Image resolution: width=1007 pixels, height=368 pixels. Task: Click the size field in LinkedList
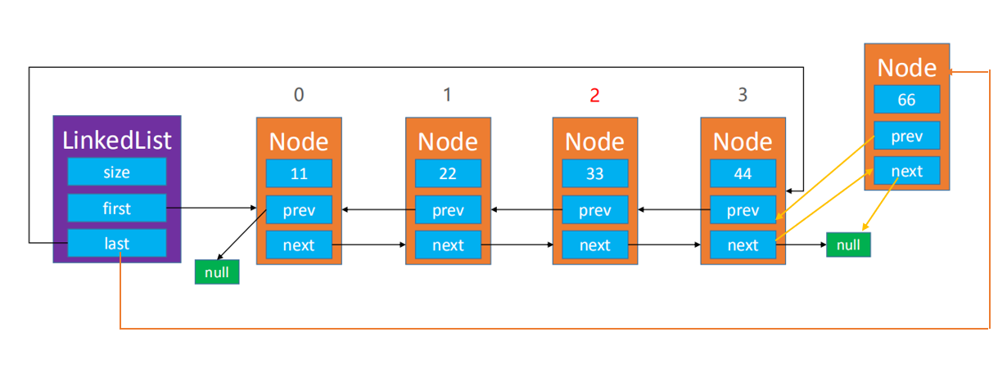pyautogui.click(x=117, y=172)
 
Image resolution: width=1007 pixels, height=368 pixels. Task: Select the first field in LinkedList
pyautogui.click(x=117, y=208)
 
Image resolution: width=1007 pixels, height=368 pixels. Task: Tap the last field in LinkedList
pyautogui.click(x=117, y=243)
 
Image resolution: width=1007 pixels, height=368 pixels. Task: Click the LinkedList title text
pyautogui.click(x=117, y=141)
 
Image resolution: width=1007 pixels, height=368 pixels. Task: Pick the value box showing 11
pyautogui.click(x=299, y=173)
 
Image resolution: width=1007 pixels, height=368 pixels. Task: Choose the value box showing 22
pyautogui.click(x=448, y=173)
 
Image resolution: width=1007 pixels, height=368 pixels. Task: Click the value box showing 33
pyautogui.click(x=594, y=173)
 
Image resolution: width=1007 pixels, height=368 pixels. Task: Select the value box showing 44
pyautogui.click(x=743, y=173)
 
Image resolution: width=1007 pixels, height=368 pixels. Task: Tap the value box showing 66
pyautogui.click(x=907, y=99)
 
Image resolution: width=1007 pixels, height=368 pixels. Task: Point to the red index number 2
pyautogui.click(x=594, y=95)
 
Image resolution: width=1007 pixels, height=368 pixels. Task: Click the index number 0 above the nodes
pyautogui.click(x=299, y=95)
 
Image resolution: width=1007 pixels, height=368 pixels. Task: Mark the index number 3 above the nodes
pyautogui.click(x=743, y=95)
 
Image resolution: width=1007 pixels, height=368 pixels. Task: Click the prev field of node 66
pyautogui.click(x=907, y=136)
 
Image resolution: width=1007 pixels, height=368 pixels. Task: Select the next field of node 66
pyautogui.click(x=907, y=171)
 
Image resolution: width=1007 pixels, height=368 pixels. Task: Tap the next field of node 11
pyautogui.click(x=299, y=245)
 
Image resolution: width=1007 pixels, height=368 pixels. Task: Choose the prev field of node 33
pyautogui.click(x=594, y=209)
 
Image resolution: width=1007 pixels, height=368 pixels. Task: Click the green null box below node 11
pyautogui.click(x=217, y=272)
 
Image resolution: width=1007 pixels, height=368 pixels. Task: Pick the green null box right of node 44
pyautogui.click(x=848, y=245)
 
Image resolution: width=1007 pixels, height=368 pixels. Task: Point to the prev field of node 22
pyautogui.click(x=448, y=209)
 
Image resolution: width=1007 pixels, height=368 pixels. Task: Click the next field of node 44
pyautogui.click(x=743, y=245)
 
